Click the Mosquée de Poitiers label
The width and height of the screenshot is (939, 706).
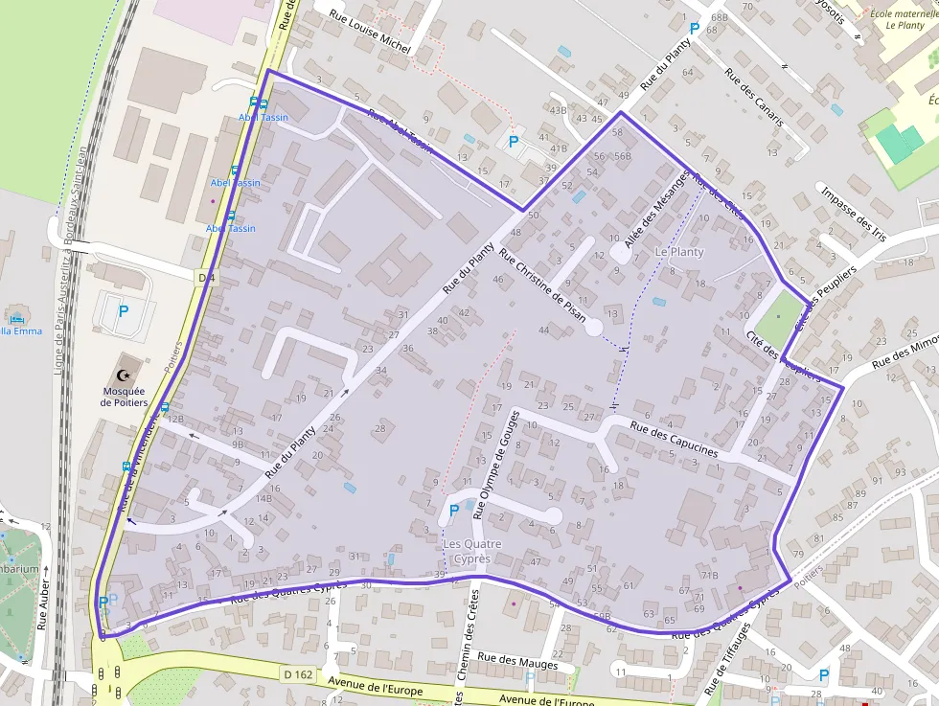[125, 397]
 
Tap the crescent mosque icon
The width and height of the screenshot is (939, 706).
[123, 375]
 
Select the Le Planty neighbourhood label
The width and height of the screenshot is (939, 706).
[678, 252]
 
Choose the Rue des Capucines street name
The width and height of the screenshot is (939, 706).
[674, 439]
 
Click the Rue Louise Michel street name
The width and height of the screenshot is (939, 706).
[370, 33]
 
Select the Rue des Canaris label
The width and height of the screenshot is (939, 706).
[754, 98]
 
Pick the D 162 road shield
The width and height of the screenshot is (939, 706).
[298, 674]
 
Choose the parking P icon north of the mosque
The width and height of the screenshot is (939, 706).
[123, 310]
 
